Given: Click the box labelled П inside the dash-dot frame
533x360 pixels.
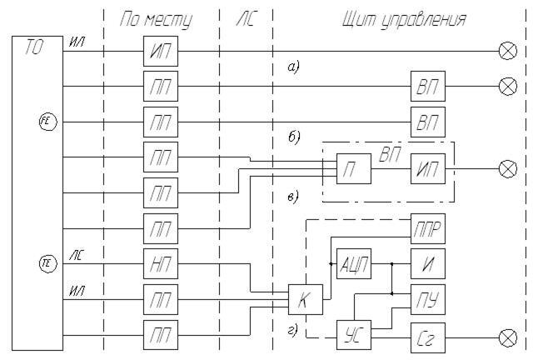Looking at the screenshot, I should click(x=351, y=170).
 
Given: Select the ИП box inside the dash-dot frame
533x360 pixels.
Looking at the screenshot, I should click(x=427, y=170).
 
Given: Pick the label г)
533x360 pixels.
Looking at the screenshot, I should click(x=291, y=329).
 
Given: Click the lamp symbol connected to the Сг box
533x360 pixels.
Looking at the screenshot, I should click(x=506, y=337).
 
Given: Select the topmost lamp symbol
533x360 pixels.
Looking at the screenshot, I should click(x=506, y=51).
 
